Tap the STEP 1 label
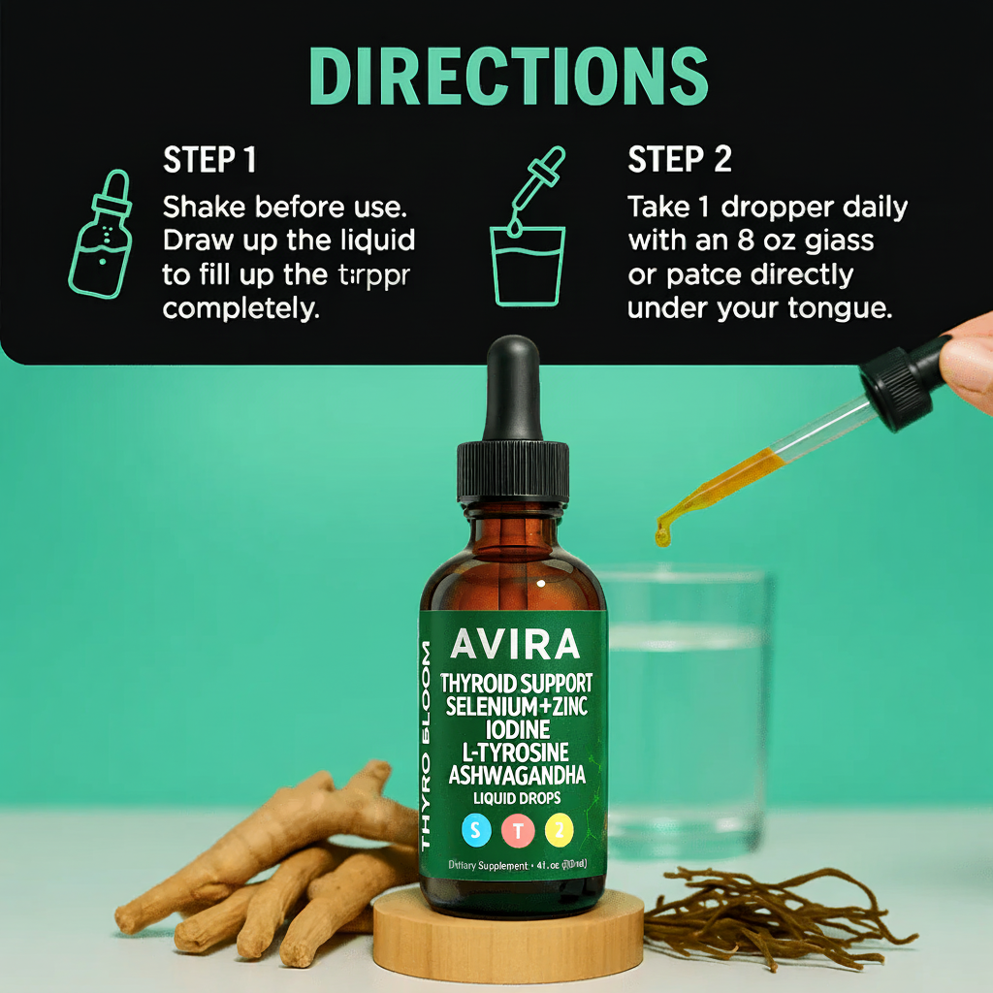coord(209,160)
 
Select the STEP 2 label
coord(680,160)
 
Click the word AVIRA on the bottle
coord(515,645)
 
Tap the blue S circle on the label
coord(475,829)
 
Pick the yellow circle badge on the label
coord(560,829)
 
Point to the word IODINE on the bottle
coord(514,728)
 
